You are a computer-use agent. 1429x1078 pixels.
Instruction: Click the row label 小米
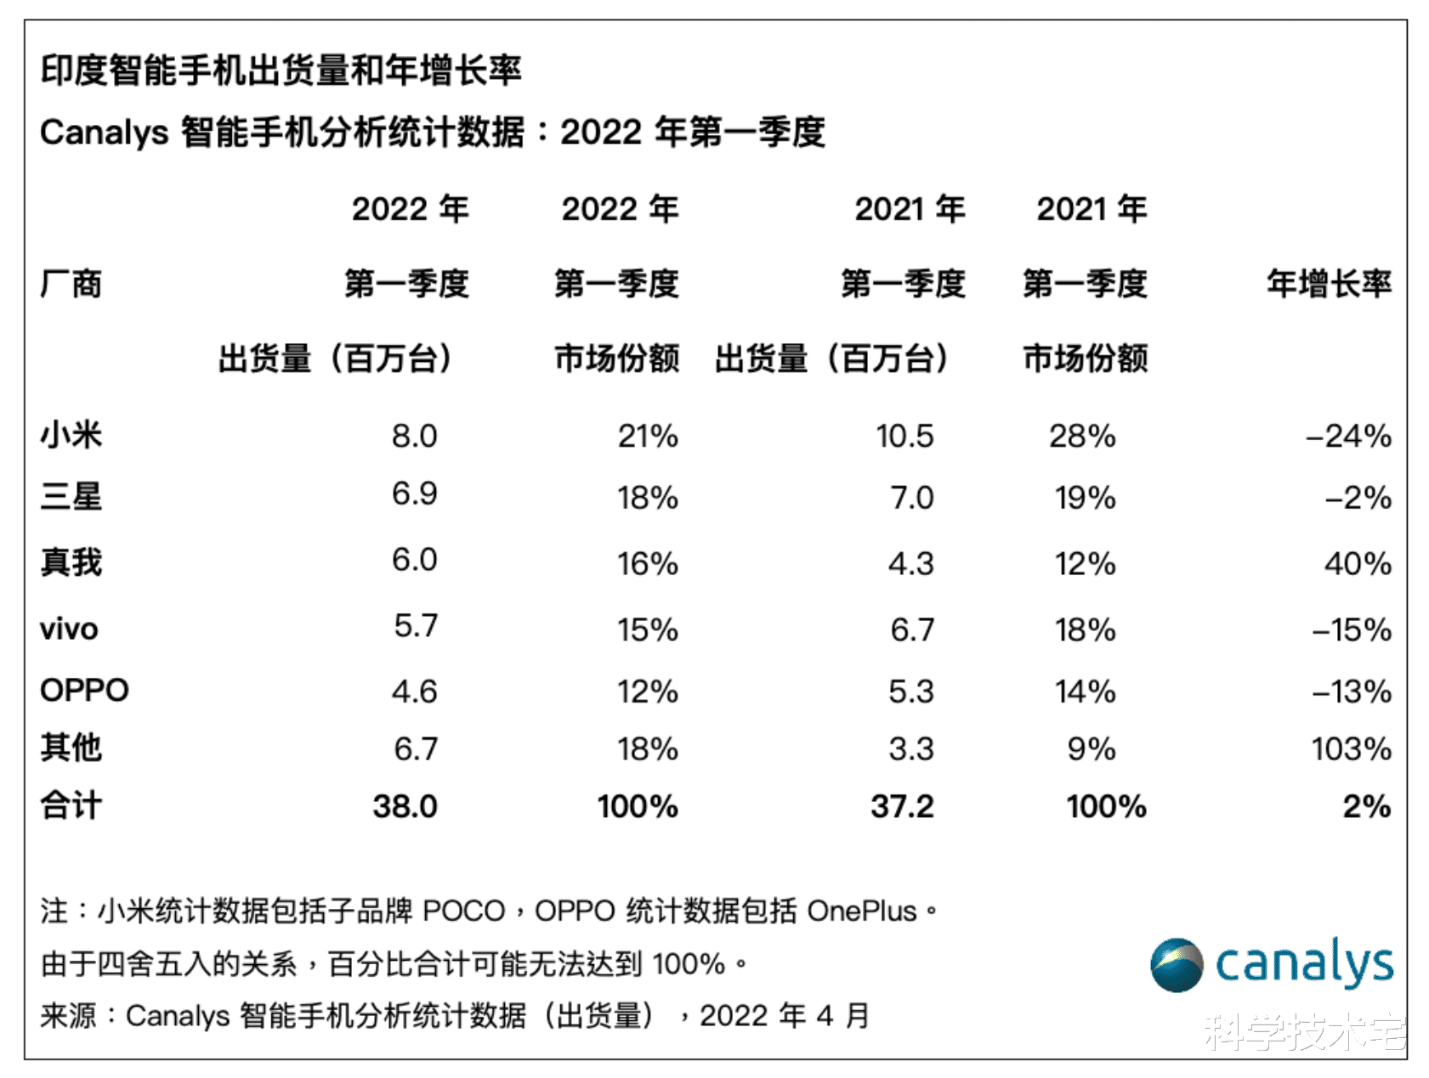point(71,436)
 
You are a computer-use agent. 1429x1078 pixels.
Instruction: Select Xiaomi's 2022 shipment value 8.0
point(414,436)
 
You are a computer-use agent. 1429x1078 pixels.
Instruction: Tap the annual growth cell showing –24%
point(1348,436)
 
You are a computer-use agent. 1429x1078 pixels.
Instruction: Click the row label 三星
point(71,497)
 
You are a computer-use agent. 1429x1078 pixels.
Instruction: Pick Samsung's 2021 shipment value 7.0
point(911,498)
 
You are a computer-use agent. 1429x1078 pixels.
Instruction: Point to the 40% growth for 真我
point(1358,563)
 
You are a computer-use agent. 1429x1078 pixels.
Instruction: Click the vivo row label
point(69,629)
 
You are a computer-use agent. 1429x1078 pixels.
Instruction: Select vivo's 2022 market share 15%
point(647,629)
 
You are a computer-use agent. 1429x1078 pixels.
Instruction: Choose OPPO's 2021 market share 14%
point(1085,691)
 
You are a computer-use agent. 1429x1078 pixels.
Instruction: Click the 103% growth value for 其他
point(1351,748)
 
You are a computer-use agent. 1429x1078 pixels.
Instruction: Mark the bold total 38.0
point(405,806)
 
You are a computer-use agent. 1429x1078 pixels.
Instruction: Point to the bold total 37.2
point(902,806)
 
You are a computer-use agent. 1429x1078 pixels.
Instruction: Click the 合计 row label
point(71,806)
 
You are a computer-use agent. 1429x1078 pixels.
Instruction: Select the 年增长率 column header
point(1329,284)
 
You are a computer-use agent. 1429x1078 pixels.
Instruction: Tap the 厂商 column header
point(71,284)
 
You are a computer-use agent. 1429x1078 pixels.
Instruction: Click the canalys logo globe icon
point(1177,965)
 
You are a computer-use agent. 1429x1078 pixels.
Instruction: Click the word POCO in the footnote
point(464,912)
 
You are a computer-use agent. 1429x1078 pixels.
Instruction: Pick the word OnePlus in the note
point(862,912)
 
